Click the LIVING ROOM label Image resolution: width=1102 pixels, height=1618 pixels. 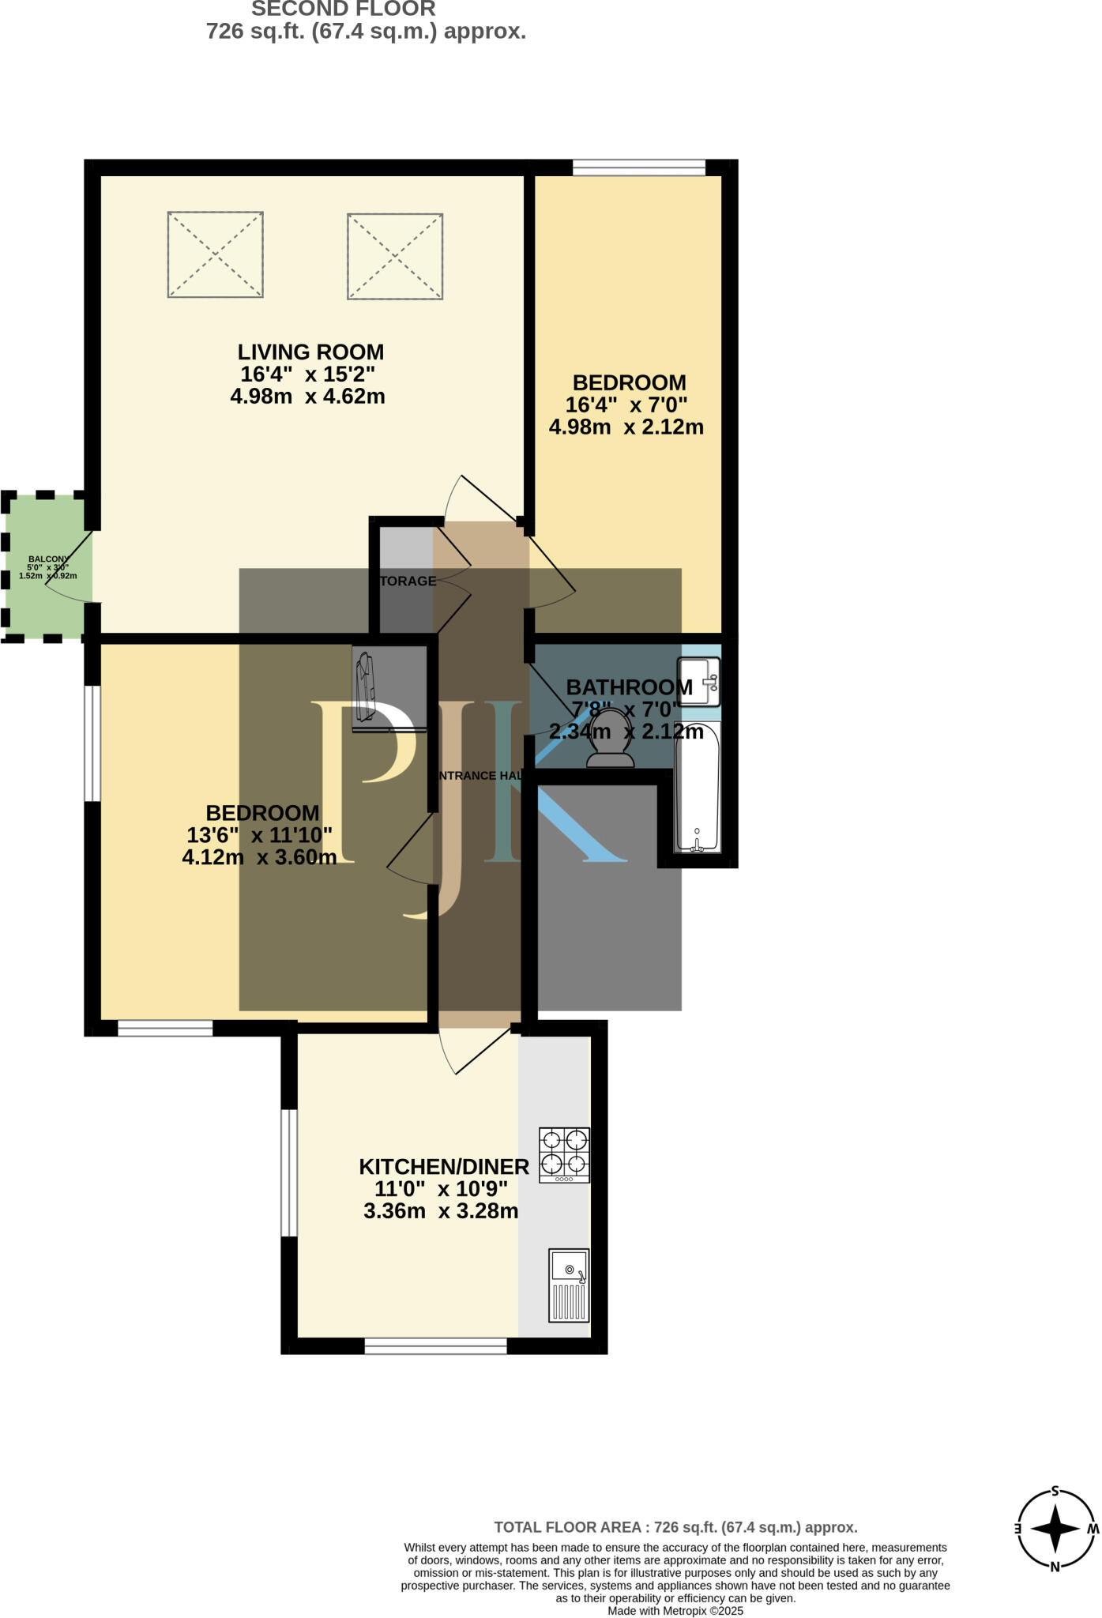[x=311, y=352]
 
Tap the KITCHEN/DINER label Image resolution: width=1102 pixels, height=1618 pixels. [x=444, y=1167]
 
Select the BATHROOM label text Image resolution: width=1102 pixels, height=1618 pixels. [x=629, y=687]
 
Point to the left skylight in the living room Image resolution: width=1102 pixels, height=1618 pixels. [x=215, y=254]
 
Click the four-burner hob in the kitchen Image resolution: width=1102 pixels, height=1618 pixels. [x=564, y=1154]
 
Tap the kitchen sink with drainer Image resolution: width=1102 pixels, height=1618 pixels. [x=569, y=1285]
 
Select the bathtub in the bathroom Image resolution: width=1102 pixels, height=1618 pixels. [x=697, y=787]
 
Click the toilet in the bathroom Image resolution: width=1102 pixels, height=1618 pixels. [x=610, y=738]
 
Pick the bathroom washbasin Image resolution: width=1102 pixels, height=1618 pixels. [x=700, y=680]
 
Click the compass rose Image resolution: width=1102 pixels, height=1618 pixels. [x=1055, y=1529]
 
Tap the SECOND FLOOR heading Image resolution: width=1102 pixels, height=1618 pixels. [x=344, y=9]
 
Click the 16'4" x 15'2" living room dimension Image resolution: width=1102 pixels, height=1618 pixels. [x=307, y=374]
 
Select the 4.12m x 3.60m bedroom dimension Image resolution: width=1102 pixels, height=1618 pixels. [x=259, y=857]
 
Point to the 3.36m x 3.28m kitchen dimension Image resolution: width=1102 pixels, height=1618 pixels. [x=441, y=1211]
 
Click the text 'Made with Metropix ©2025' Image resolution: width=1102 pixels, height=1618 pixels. [x=675, y=1611]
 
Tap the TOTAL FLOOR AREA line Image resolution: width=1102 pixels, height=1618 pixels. [x=675, y=1527]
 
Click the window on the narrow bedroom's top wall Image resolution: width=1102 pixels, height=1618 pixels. [x=638, y=167]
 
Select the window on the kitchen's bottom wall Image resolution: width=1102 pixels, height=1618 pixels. [x=435, y=1346]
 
